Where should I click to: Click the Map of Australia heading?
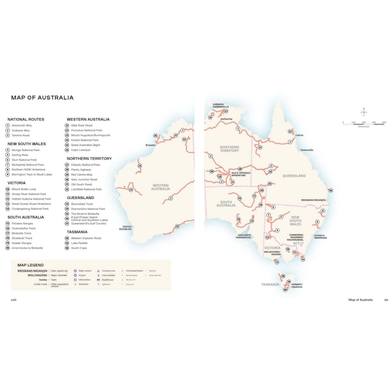click(x=42, y=98)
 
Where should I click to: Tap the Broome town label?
click(x=150, y=145)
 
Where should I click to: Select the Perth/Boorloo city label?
click(x=125, y=228)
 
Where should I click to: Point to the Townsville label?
click(x=307, y=150)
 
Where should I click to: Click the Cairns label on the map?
click(x=299, y=135)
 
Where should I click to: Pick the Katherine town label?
click(x=226, y=119)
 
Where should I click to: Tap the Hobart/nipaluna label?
click(x=297, y=286)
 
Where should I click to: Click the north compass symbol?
click(x=364, y=112)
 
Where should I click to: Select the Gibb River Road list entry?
click(x=81, y=126)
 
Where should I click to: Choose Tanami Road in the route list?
click(x=21, y=135)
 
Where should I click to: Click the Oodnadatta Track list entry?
click(x=24, y=228)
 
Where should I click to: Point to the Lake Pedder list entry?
click(x=79, y=243)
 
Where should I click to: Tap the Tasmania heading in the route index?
click(x=77, y=232)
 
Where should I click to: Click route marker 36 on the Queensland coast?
click(x=331, y=190)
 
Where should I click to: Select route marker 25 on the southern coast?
click(x=177, y=226)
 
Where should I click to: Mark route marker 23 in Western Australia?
click(x=131, y=190)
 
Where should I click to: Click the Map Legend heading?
click(x=31, y=265)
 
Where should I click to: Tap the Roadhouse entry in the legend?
click(x=107, y=280)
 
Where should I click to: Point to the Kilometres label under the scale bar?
click(x=363, y=127)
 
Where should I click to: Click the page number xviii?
click(x=14, y=300)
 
